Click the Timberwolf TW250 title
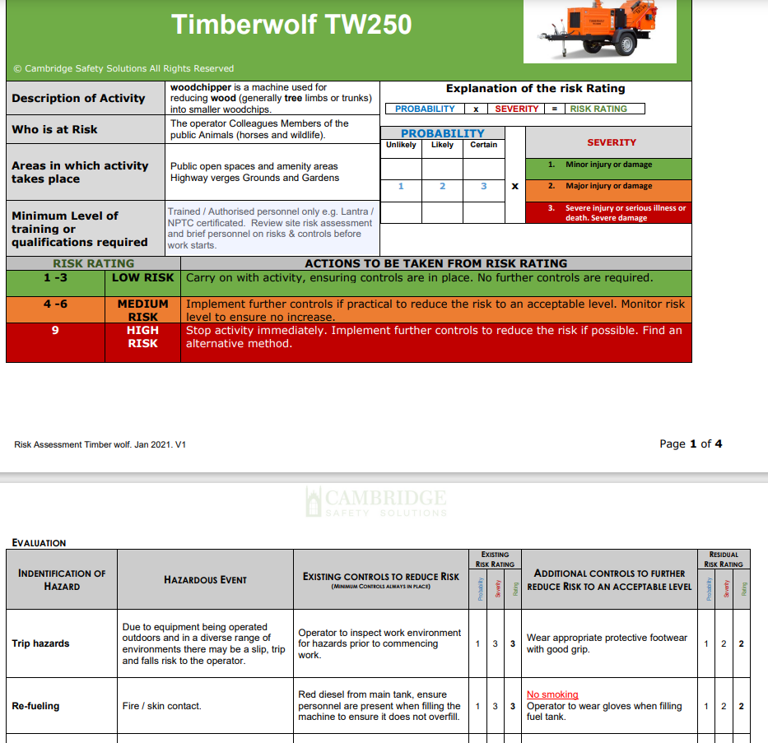click(x=291, y=25)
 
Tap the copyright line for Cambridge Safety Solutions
click(x=123, y=68)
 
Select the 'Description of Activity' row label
click(x=78, y=98)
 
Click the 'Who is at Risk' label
click(x=54, y=129)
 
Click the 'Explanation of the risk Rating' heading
click(x=535, y=89)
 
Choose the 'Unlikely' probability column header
click(x=401, y=145)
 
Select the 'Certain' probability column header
click(x=484, y=145)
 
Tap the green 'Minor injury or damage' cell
click(x=608, y=165)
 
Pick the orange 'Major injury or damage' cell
click(x=608, y=186)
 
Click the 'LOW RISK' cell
click(x=142, y=278)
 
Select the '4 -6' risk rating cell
click(x=55, y=304)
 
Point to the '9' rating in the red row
click(x=55, y=331)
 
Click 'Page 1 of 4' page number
click(x=691, y=443)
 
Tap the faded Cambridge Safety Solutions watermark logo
click(x=376, y=502)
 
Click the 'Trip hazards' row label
click(x=40, y=643)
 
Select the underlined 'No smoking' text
click(x=552, y=694)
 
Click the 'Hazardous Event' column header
click(x=205, y=580)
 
